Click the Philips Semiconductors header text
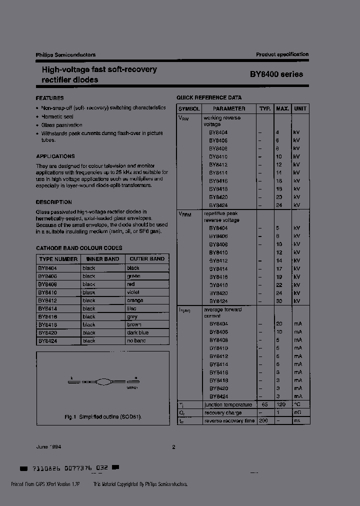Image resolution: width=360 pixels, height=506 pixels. tap(65, 55)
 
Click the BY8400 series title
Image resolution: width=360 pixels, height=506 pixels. tap(276, 74)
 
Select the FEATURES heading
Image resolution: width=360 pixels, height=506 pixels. tap(49, 98)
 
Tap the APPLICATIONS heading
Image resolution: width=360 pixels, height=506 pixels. tap(55, 156)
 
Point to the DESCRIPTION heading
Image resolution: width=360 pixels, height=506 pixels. tap(53, 202)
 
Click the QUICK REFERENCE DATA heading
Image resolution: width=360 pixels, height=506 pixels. tap(209, 98)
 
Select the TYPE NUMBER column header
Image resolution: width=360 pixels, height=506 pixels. tap(58, 259)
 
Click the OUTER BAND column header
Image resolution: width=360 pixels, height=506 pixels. tap(147, 259)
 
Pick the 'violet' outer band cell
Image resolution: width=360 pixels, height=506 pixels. tap(133, 292)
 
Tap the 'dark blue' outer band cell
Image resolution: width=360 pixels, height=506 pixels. tap(137, 332)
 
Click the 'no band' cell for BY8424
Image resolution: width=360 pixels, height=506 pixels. tap(136, 340)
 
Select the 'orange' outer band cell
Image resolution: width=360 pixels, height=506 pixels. tap(135, 300)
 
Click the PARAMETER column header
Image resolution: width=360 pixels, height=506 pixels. tap(229, 108)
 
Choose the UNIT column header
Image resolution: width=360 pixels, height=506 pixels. tap(300, 108)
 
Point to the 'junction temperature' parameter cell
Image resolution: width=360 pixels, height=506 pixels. tap(228, 405)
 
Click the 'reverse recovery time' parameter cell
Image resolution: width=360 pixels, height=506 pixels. tap(229, 421)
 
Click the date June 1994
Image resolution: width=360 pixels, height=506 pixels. tap(49, 447)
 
